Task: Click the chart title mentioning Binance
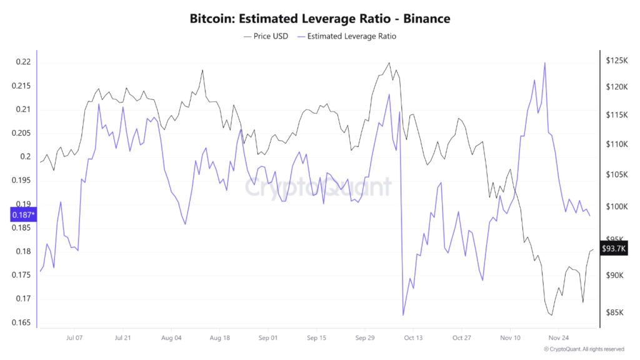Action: (x=319, y=19)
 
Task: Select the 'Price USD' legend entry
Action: (x=266, y=36)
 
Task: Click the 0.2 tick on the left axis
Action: (x=25, y=157)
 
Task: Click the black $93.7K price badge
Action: (x=613, y=248)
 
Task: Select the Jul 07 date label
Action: (x=74, y=337)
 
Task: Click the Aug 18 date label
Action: (x=219, y=337)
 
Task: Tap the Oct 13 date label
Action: (x=413, y=337)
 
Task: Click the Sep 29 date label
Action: (x=364, y=337)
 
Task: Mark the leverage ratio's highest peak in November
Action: (x=545, y=62)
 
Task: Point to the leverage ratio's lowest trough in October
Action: (x=404, y=315)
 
